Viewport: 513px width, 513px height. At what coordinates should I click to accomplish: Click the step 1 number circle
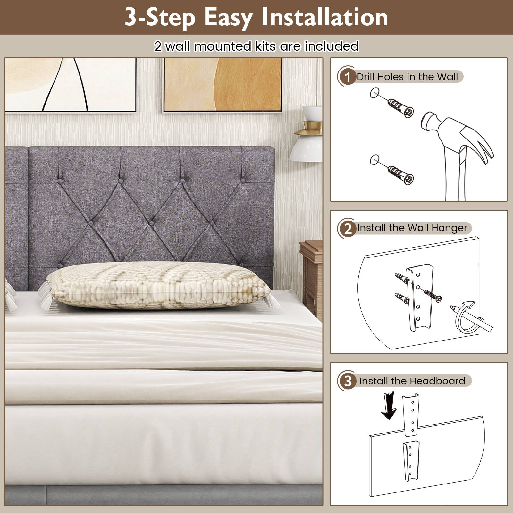click(347, 77)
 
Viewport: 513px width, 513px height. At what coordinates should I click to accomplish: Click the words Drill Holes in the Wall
click(407, 77)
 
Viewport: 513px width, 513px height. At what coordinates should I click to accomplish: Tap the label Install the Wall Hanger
click(412, 228)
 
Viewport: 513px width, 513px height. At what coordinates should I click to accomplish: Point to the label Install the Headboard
click(412, 381)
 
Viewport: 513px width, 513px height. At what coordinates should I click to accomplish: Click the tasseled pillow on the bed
click(157, 285)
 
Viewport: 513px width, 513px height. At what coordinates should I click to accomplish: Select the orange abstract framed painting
click(223, 85)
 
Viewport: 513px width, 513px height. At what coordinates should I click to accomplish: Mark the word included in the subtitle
click(332, 46)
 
